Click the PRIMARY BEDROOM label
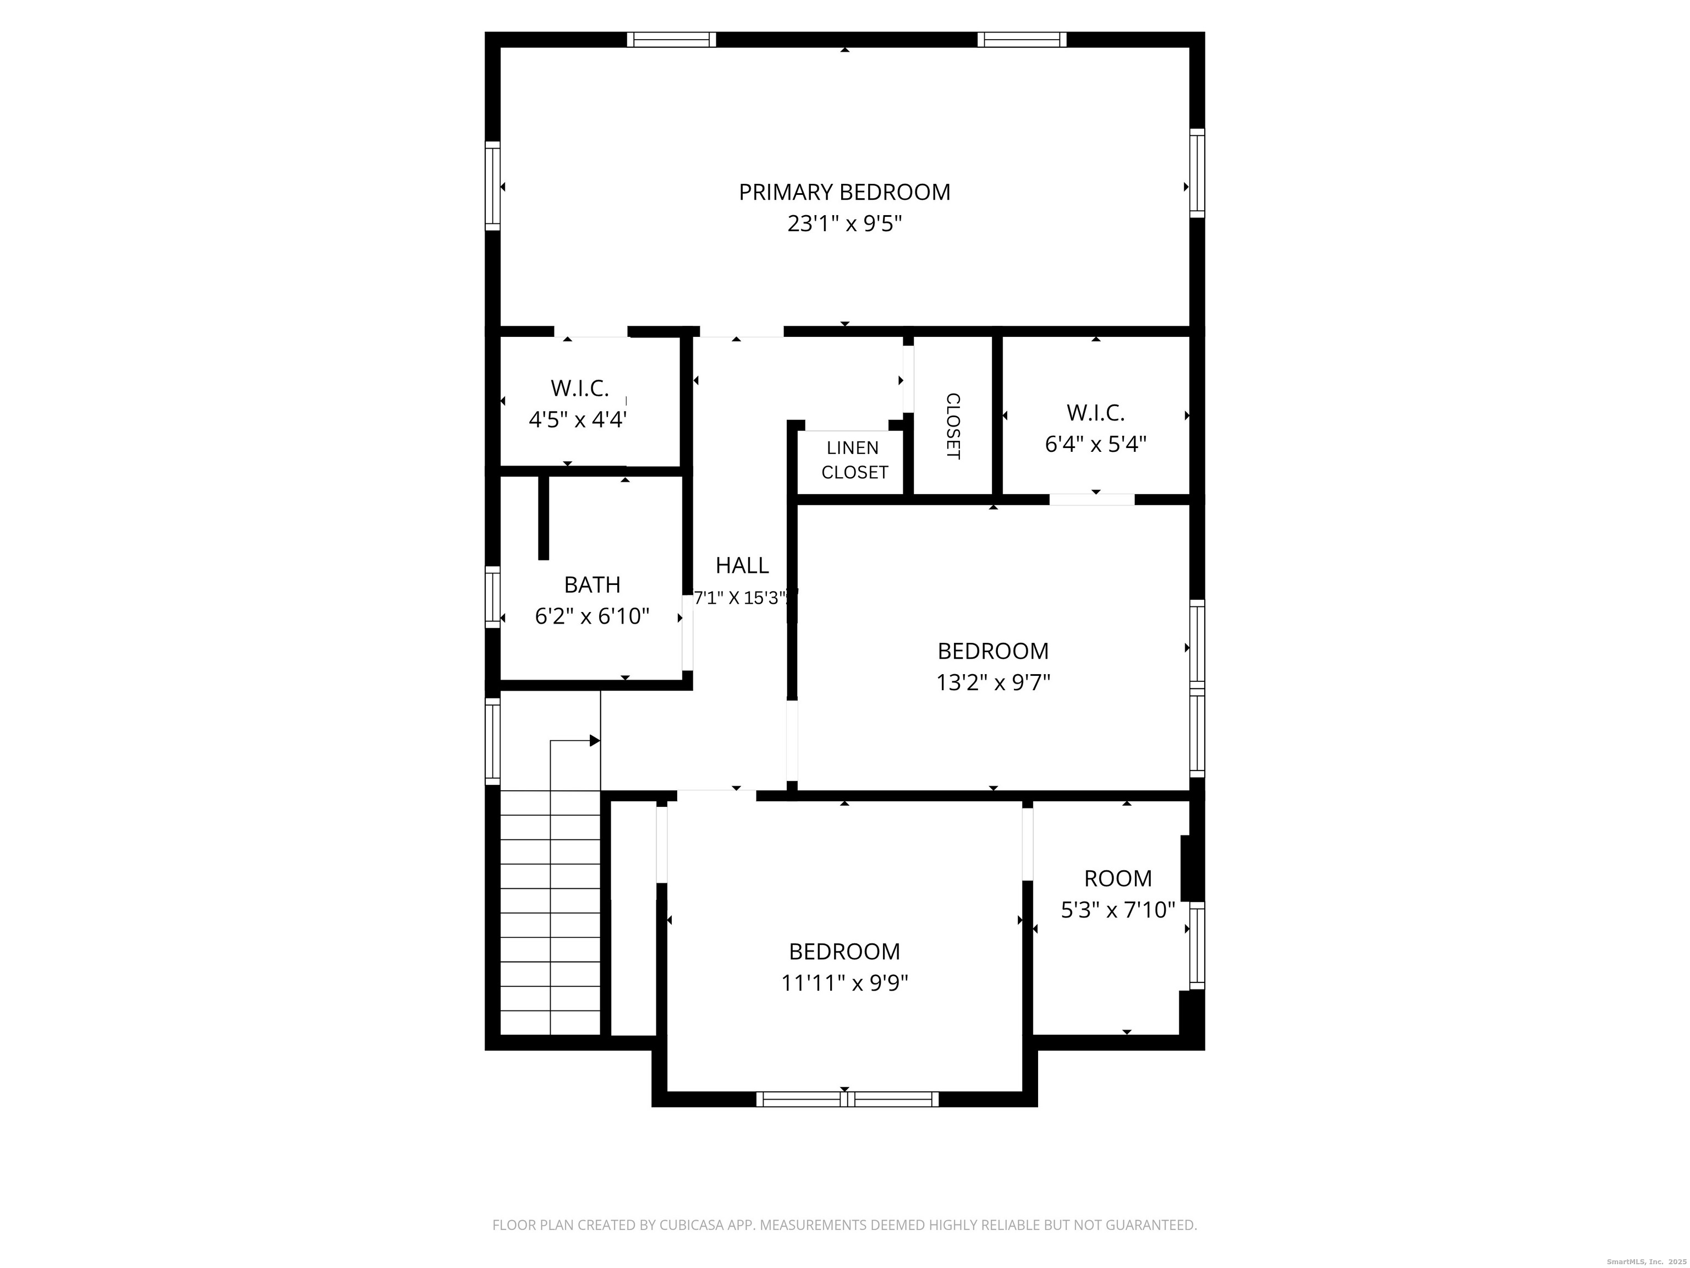click(844, 192)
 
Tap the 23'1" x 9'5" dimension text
click(844, 224)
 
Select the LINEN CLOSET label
click(854, 460)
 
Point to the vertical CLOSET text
click(953, 426)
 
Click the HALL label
click(742, 566)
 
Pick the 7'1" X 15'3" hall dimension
click(742, 598)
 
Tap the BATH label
click(592, 584)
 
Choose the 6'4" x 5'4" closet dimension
click(1096, 444)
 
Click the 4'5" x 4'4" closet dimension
click(578, 419)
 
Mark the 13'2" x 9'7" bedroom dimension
click(993, 682)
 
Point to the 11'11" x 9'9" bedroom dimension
click(844, 982)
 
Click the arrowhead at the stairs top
click(594, 741)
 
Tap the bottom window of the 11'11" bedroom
click(847, 1099)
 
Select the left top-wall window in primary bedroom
click(672, 40)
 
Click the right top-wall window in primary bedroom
click(1022, 40)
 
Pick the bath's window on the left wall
click(493, 597)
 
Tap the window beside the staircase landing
click(493, 741)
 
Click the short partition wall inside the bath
click(543, 517)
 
